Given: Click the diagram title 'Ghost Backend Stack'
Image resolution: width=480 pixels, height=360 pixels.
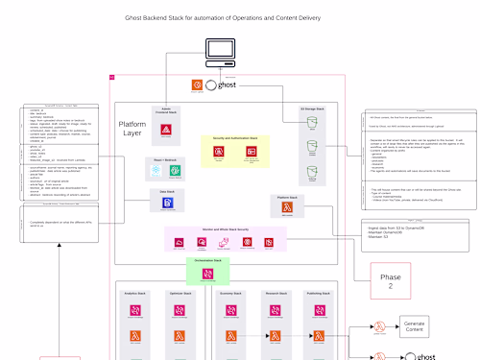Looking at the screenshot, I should [x=223, y=18].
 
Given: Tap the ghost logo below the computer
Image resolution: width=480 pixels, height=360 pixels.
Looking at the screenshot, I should [x=220, y=85].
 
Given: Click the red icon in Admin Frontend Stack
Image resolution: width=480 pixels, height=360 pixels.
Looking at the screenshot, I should [x=167, y=130].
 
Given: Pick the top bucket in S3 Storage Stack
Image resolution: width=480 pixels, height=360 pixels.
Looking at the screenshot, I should [x=311, y=125].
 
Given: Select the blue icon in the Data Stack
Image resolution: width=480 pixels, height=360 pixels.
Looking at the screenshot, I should [x=168, y=204].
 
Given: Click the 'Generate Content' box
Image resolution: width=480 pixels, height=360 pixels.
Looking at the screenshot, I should [x=413, y=326].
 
